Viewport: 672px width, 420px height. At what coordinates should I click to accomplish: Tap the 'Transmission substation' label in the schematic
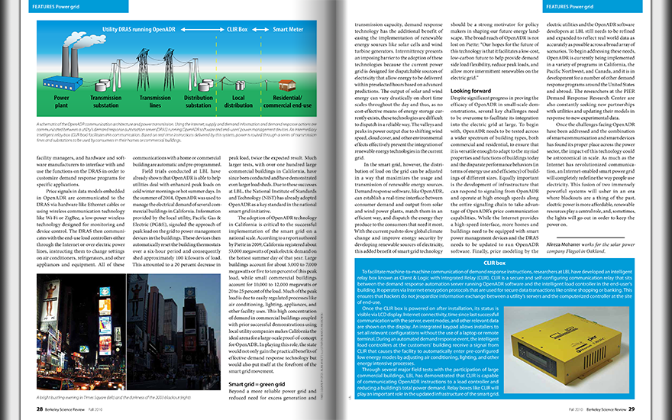[106, 102]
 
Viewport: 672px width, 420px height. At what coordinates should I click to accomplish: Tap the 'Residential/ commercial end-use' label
[292, 102]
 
